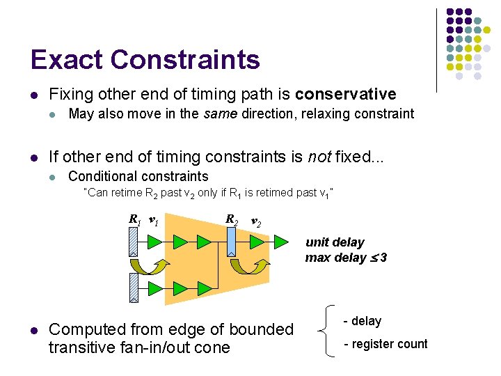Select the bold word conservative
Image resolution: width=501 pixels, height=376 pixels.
(x=345, y=94)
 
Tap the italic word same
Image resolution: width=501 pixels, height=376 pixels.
(x=216, y=113)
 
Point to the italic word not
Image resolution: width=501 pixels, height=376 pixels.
(x=318, y=157)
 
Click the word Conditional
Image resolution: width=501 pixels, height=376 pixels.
(x=101, y=176)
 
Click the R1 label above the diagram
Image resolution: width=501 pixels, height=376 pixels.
(x=134, y=219)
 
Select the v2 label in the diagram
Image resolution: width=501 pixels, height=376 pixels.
(x=255, y=222)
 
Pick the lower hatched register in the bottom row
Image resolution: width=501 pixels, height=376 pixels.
(x=134, y=287)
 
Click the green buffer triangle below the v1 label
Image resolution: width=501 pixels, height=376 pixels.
(x=154, y=242)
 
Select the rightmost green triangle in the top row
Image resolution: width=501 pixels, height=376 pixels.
(x=280, y=242)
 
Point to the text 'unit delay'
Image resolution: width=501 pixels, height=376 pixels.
(x=335, y=242)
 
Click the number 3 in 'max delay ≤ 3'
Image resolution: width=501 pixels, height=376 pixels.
(x=383, y=258)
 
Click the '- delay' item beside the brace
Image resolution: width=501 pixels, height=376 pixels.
(x=363, y=321)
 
